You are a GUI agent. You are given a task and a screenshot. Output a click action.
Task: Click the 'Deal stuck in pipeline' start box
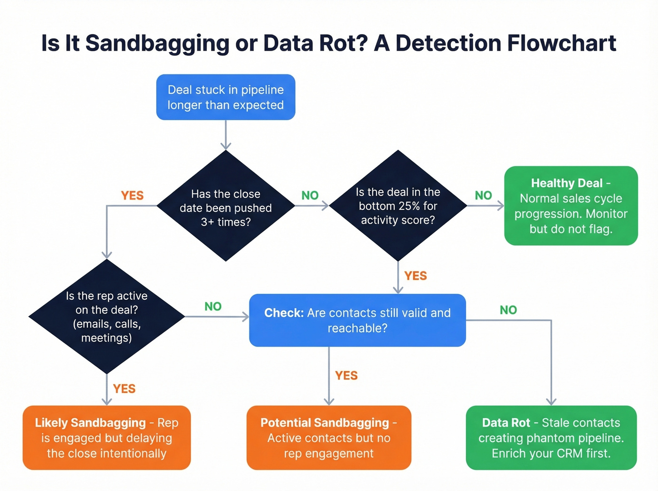226,97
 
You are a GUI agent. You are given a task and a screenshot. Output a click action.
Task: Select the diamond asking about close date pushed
226,207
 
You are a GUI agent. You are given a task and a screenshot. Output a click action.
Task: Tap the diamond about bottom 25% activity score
398,206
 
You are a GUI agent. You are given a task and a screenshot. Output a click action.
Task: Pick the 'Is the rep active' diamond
107,317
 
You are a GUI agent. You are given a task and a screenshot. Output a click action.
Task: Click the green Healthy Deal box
571,206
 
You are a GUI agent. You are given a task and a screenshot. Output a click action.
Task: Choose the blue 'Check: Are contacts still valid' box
357,320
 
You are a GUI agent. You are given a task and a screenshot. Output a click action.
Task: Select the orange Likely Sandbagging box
107,438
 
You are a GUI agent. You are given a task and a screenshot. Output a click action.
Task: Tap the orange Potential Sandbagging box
329,438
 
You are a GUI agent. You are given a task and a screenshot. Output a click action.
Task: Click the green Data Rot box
551,438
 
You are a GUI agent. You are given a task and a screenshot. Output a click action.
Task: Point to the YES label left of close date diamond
132,195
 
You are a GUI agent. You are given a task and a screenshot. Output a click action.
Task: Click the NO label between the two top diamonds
310,195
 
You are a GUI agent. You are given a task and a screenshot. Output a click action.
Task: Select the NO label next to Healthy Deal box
483,195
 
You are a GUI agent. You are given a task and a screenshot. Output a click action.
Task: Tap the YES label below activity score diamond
415,276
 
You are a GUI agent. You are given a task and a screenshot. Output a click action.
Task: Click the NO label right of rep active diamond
213,306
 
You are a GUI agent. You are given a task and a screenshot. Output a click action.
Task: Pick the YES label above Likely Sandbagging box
124,389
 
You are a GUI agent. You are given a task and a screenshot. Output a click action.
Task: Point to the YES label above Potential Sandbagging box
346,375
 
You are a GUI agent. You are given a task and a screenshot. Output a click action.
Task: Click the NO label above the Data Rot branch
508,310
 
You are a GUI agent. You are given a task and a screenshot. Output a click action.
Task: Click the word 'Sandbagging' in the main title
157,43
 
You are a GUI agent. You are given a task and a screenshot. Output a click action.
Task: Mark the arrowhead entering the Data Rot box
551,402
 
